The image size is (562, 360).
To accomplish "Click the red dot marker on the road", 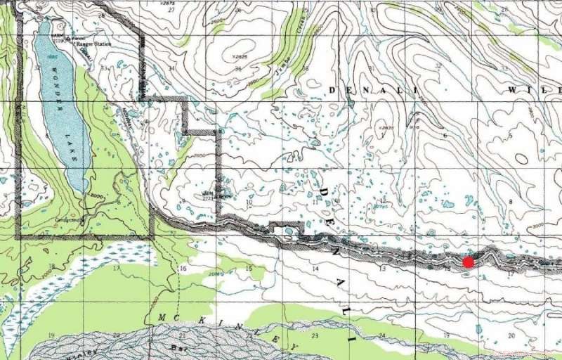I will (x=468, y=262).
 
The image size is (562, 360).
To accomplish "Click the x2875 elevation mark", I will (x=185, y=4).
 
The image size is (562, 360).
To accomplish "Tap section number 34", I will (x=171, y=68).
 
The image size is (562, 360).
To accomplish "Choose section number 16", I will (x=183, y=269).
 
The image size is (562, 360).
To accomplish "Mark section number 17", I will (x=117, y=269).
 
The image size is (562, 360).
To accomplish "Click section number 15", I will (x=248, y=269).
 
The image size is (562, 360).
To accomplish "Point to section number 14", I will (x=315, y=269).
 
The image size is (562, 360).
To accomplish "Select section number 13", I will (x=383, y=269).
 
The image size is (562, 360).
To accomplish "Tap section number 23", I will (x=315, y=336).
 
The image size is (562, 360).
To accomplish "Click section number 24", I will (x=383, y=335).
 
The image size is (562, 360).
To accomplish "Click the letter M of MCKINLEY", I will (x=163, y=317).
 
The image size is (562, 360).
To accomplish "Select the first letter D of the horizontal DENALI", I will (x=334, y=90).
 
